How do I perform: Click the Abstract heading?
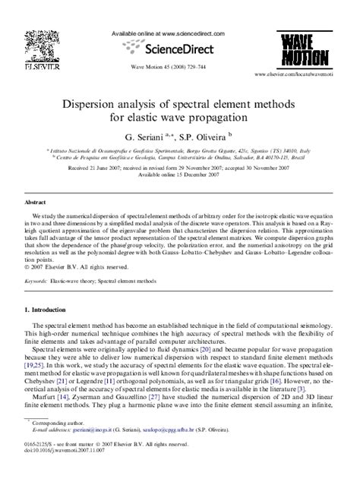[x=36, y=203]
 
